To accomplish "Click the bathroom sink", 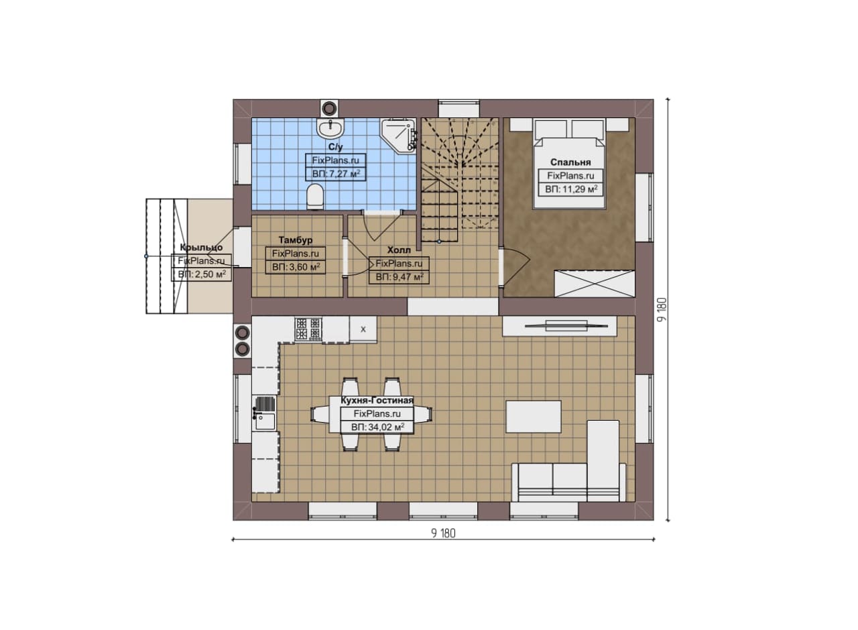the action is click(x=330, y=128).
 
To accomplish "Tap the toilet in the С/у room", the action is click(x=316, y=197).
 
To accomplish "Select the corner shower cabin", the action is click(x=398, y=136).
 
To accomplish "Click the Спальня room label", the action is click(x=570, y=162).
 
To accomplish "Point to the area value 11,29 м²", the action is click(x=571, y=189).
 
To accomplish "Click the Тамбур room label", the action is click(x=296, y=240).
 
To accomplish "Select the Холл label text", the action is click(x=399, y=250).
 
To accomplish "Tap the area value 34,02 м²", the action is click(x=377, y=427).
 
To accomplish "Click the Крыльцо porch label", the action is click(x=201, y=248).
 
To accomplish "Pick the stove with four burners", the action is click(x=308, y=329).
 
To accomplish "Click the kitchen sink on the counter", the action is click(x=264, y=413).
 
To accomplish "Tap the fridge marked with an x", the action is click(x=363, y=329).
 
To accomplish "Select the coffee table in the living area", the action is click(x=534, y=417).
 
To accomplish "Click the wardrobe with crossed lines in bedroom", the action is click(x=595, y=284).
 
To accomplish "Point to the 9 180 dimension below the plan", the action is click(x=443, y=534).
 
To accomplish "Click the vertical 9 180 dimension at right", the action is click(x=662, y=310).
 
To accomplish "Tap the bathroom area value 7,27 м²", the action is click(x=336, y=174).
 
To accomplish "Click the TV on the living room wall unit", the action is click(x=566, y=326).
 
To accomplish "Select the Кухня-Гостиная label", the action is click(x=377, y=401).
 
